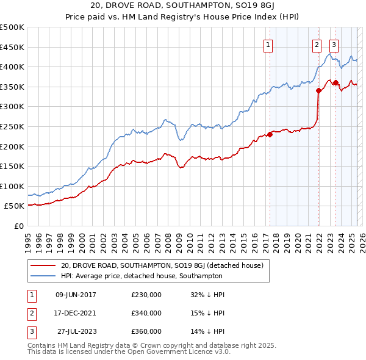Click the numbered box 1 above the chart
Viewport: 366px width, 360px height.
click(x=268, y=45)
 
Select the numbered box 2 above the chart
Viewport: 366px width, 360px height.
click(x=317, y=45)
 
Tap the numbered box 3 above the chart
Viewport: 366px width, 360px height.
click(x=334, y=45)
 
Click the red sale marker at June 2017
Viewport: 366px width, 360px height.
click(x=270, y=135)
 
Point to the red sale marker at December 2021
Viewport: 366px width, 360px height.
click(x=318, y=91)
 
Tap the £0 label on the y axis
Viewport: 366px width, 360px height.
click(x=20, y=226)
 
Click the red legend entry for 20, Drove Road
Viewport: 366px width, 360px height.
click(x=162, y=265)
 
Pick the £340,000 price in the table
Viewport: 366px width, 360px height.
click(x=146, y=313)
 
